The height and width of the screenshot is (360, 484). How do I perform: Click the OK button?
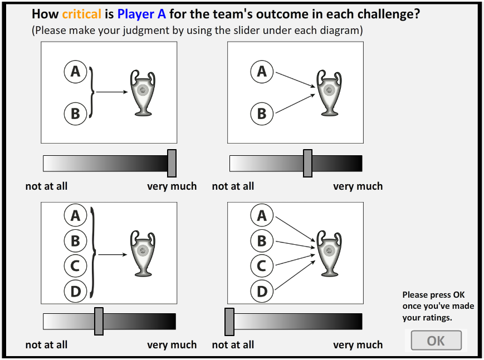(x=436, y=341)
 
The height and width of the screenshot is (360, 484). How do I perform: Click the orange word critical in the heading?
(x=81, y=14)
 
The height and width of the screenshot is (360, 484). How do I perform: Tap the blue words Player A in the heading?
(x=141, y=14)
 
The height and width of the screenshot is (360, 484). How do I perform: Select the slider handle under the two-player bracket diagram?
(x=172, y=163)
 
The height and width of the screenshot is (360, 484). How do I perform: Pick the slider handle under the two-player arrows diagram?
(x=307, y=163)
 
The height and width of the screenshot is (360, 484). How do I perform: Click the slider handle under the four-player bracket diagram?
(x=99, y=321)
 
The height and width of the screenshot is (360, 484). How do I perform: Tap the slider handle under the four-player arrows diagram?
(x=229, y=322)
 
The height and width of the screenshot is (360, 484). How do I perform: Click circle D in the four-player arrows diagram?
(x=262, y=291)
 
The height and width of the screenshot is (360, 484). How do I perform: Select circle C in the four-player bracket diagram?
(x=75, y=266)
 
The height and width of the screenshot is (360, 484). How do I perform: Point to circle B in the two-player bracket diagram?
(x=75, y=114)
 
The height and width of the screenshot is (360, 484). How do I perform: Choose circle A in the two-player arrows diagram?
(x=262, y=72)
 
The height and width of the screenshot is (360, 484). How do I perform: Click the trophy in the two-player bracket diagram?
(x=143, y=93)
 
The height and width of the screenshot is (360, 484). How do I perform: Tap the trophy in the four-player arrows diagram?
(x=329, y=253)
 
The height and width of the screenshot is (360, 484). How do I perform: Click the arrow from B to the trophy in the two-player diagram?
(x=295, y=103)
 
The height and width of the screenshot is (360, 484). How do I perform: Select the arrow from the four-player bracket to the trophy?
(x=113, y=254)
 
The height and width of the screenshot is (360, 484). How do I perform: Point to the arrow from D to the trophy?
(x=295, y=275)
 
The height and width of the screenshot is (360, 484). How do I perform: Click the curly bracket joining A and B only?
(x=91, y=92)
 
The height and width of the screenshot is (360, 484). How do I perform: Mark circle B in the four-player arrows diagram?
(x=262, y=240)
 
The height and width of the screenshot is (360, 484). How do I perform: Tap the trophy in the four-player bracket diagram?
(x=143, y=253)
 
